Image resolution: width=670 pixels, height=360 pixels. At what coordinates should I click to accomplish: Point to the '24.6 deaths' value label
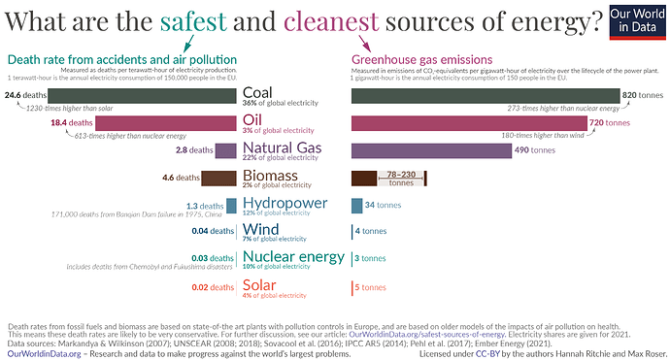tap(26, 95)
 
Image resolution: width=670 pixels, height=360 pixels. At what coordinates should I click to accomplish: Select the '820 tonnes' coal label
tap(642, 95)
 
